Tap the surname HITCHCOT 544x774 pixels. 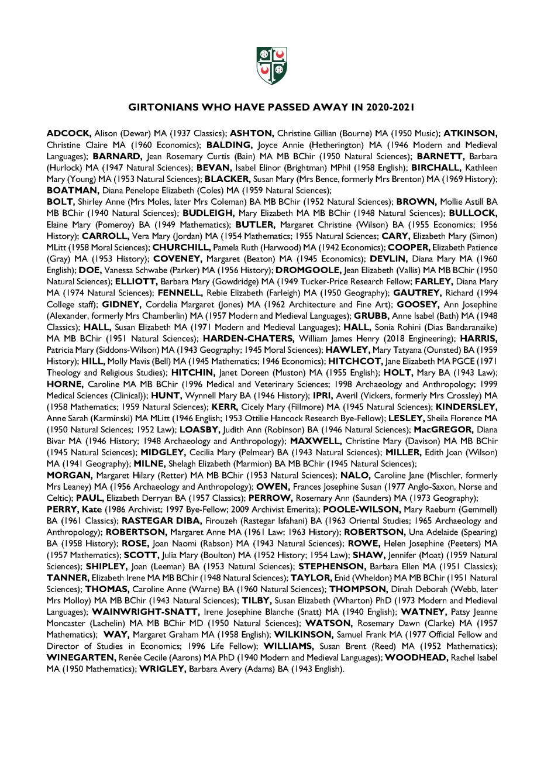(353, 362)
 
